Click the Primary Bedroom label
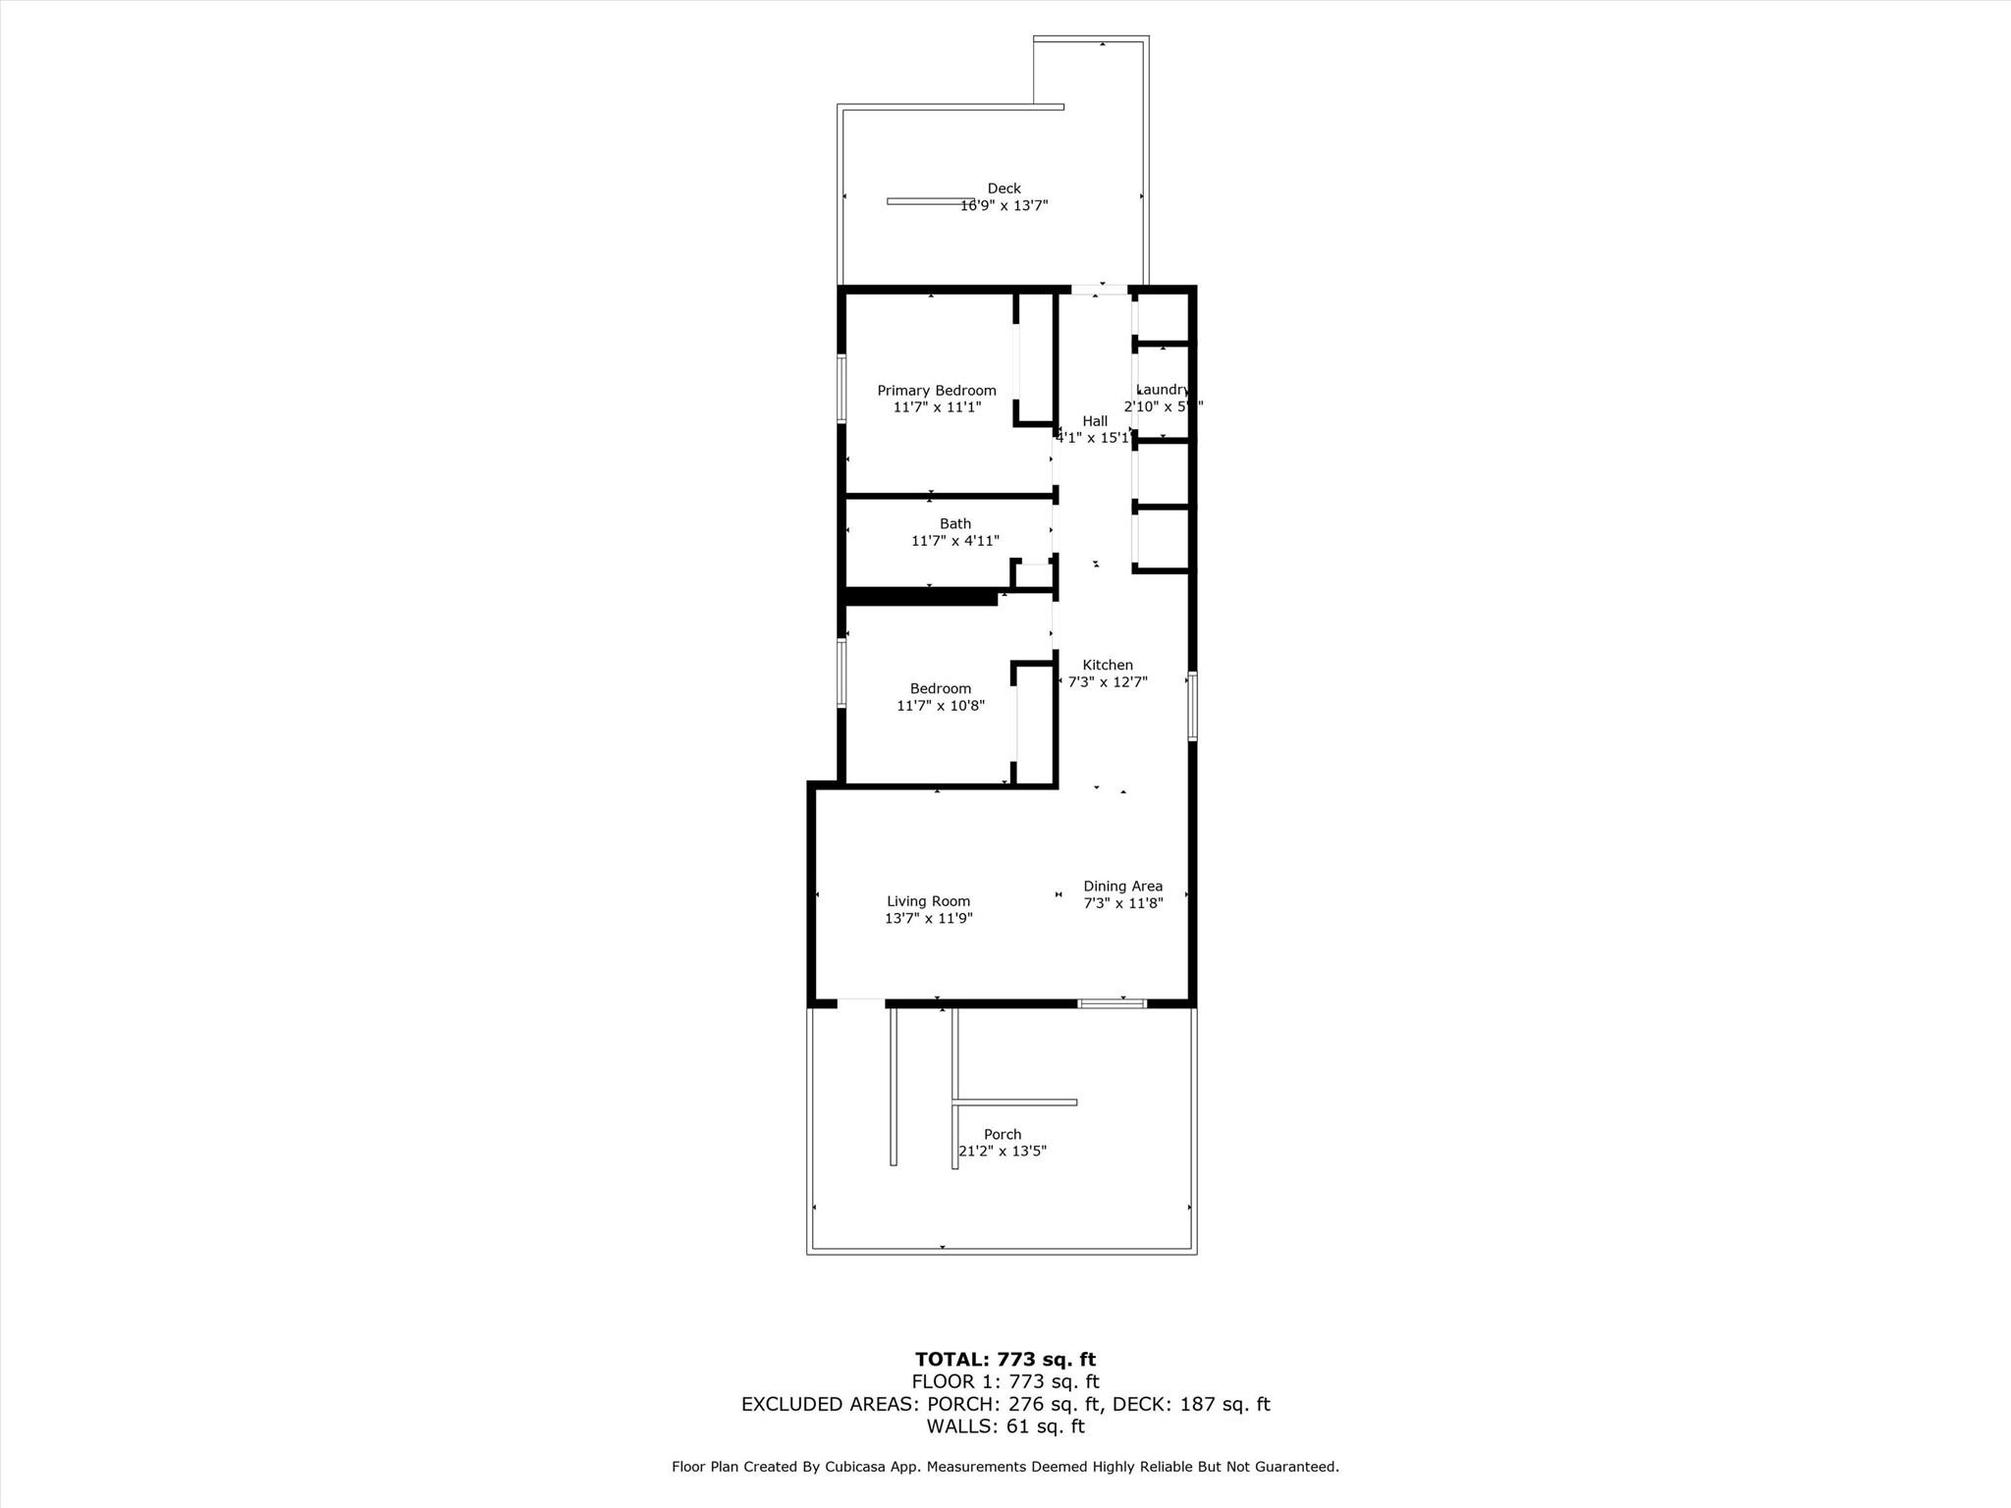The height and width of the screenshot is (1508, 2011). click(x=936, y=391)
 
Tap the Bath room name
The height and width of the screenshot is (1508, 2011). click(x=954, y=524)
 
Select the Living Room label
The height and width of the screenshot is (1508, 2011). click(x=928, y=901)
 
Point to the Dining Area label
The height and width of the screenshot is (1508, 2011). click(x=1122, y=887)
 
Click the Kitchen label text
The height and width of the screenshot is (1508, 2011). click(x=1108, y=666)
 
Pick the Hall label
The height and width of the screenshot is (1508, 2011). click(x=1095, y=421)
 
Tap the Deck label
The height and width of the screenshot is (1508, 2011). click(x=1004, y=188)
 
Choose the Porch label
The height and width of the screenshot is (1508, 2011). click(x=1003, y=1135)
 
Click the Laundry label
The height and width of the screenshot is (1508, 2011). click(x=1164, y=390)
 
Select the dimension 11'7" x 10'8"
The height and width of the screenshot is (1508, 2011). click(x=940, y=706)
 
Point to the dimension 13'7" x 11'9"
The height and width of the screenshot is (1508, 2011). click(x=928, y=919)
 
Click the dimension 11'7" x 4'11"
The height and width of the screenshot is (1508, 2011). click(x=954, y=541)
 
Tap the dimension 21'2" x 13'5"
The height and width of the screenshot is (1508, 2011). click(x=1003, y=1152)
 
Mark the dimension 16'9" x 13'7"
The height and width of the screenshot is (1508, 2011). click(x=1004, y=206)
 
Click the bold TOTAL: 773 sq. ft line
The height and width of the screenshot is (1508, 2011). click(x=1005, y=1360)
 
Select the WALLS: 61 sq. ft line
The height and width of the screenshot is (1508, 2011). click(x=1005, y=1427)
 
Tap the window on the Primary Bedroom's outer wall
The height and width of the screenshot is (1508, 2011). click(x=842, y=388)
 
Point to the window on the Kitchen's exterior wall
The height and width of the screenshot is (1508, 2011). click(x=1192, y=705)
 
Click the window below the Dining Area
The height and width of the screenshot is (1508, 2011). click(x=1112, y=1003)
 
